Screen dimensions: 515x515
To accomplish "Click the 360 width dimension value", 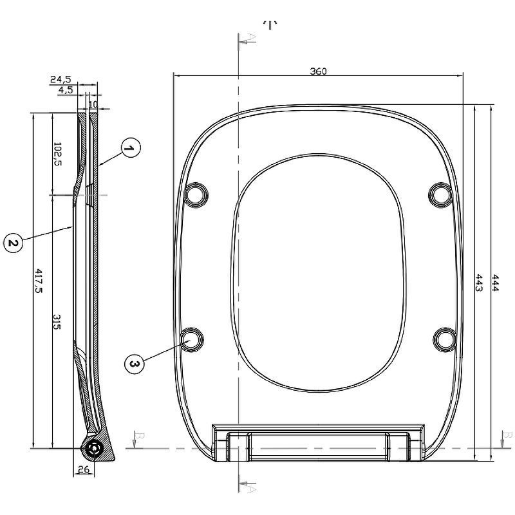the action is pyautogui.click(x=318, y=71).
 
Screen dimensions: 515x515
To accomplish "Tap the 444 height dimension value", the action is pyautogui.click(x=495, y=283).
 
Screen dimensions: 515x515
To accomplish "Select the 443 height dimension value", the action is pyautogui.click(x=479, y=283).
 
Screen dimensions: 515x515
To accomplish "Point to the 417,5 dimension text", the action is pyautogui.click(x=39, y=281).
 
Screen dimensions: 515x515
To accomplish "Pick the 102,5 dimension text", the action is pyautogui.click(x=57, y=154).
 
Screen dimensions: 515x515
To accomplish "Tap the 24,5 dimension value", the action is pyautogui.click(x=61, y=79).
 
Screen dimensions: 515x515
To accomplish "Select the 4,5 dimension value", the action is pyautogui.click(x=66, y=90).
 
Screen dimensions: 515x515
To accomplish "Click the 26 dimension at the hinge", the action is pyautogui.click(x=84, y=470).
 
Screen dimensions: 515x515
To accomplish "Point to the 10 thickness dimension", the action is pyautogui.click(x=93, y=104).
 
